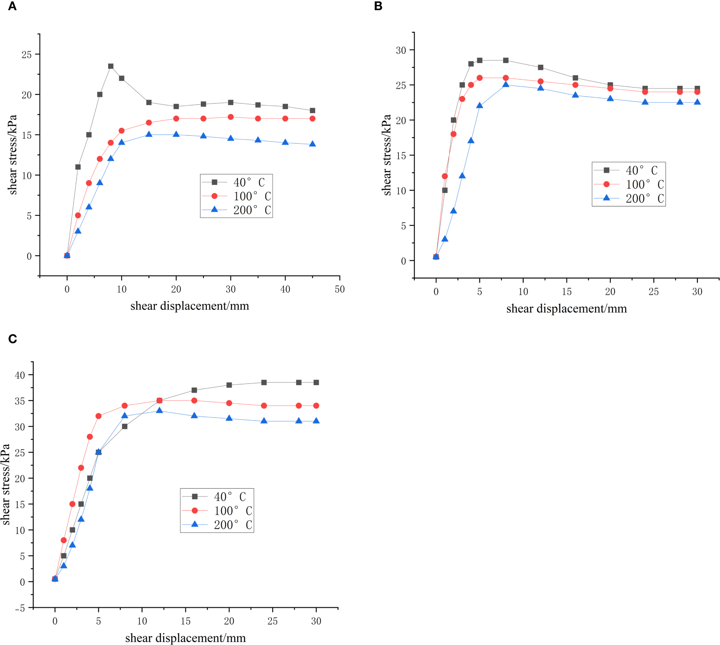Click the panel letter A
(x=12, y=6)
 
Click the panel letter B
(x=378, y=6)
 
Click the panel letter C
(x=12, y=339)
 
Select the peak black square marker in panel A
(x=111, y=66)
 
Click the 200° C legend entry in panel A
(x=236, y=210)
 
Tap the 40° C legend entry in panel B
(x=629, y=170)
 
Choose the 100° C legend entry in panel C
(x=217, y=511)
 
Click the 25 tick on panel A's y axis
(x=26, y=54)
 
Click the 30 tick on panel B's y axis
(x=401, y=50)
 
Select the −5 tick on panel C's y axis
(x=20, y=608)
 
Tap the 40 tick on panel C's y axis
(x=20, y=375)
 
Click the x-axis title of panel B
(x=566, y=309)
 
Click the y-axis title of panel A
(x=13, y=155)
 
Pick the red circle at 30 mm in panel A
(x=231, y=117)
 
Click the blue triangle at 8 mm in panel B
(x=506, y=84)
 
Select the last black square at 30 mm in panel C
(x=316, y=382)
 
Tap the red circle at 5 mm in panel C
(x=98, y=416)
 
